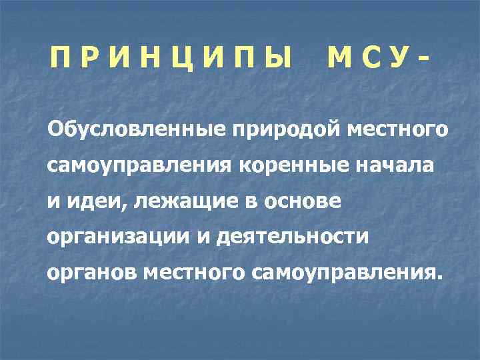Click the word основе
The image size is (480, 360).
[303, 201]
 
